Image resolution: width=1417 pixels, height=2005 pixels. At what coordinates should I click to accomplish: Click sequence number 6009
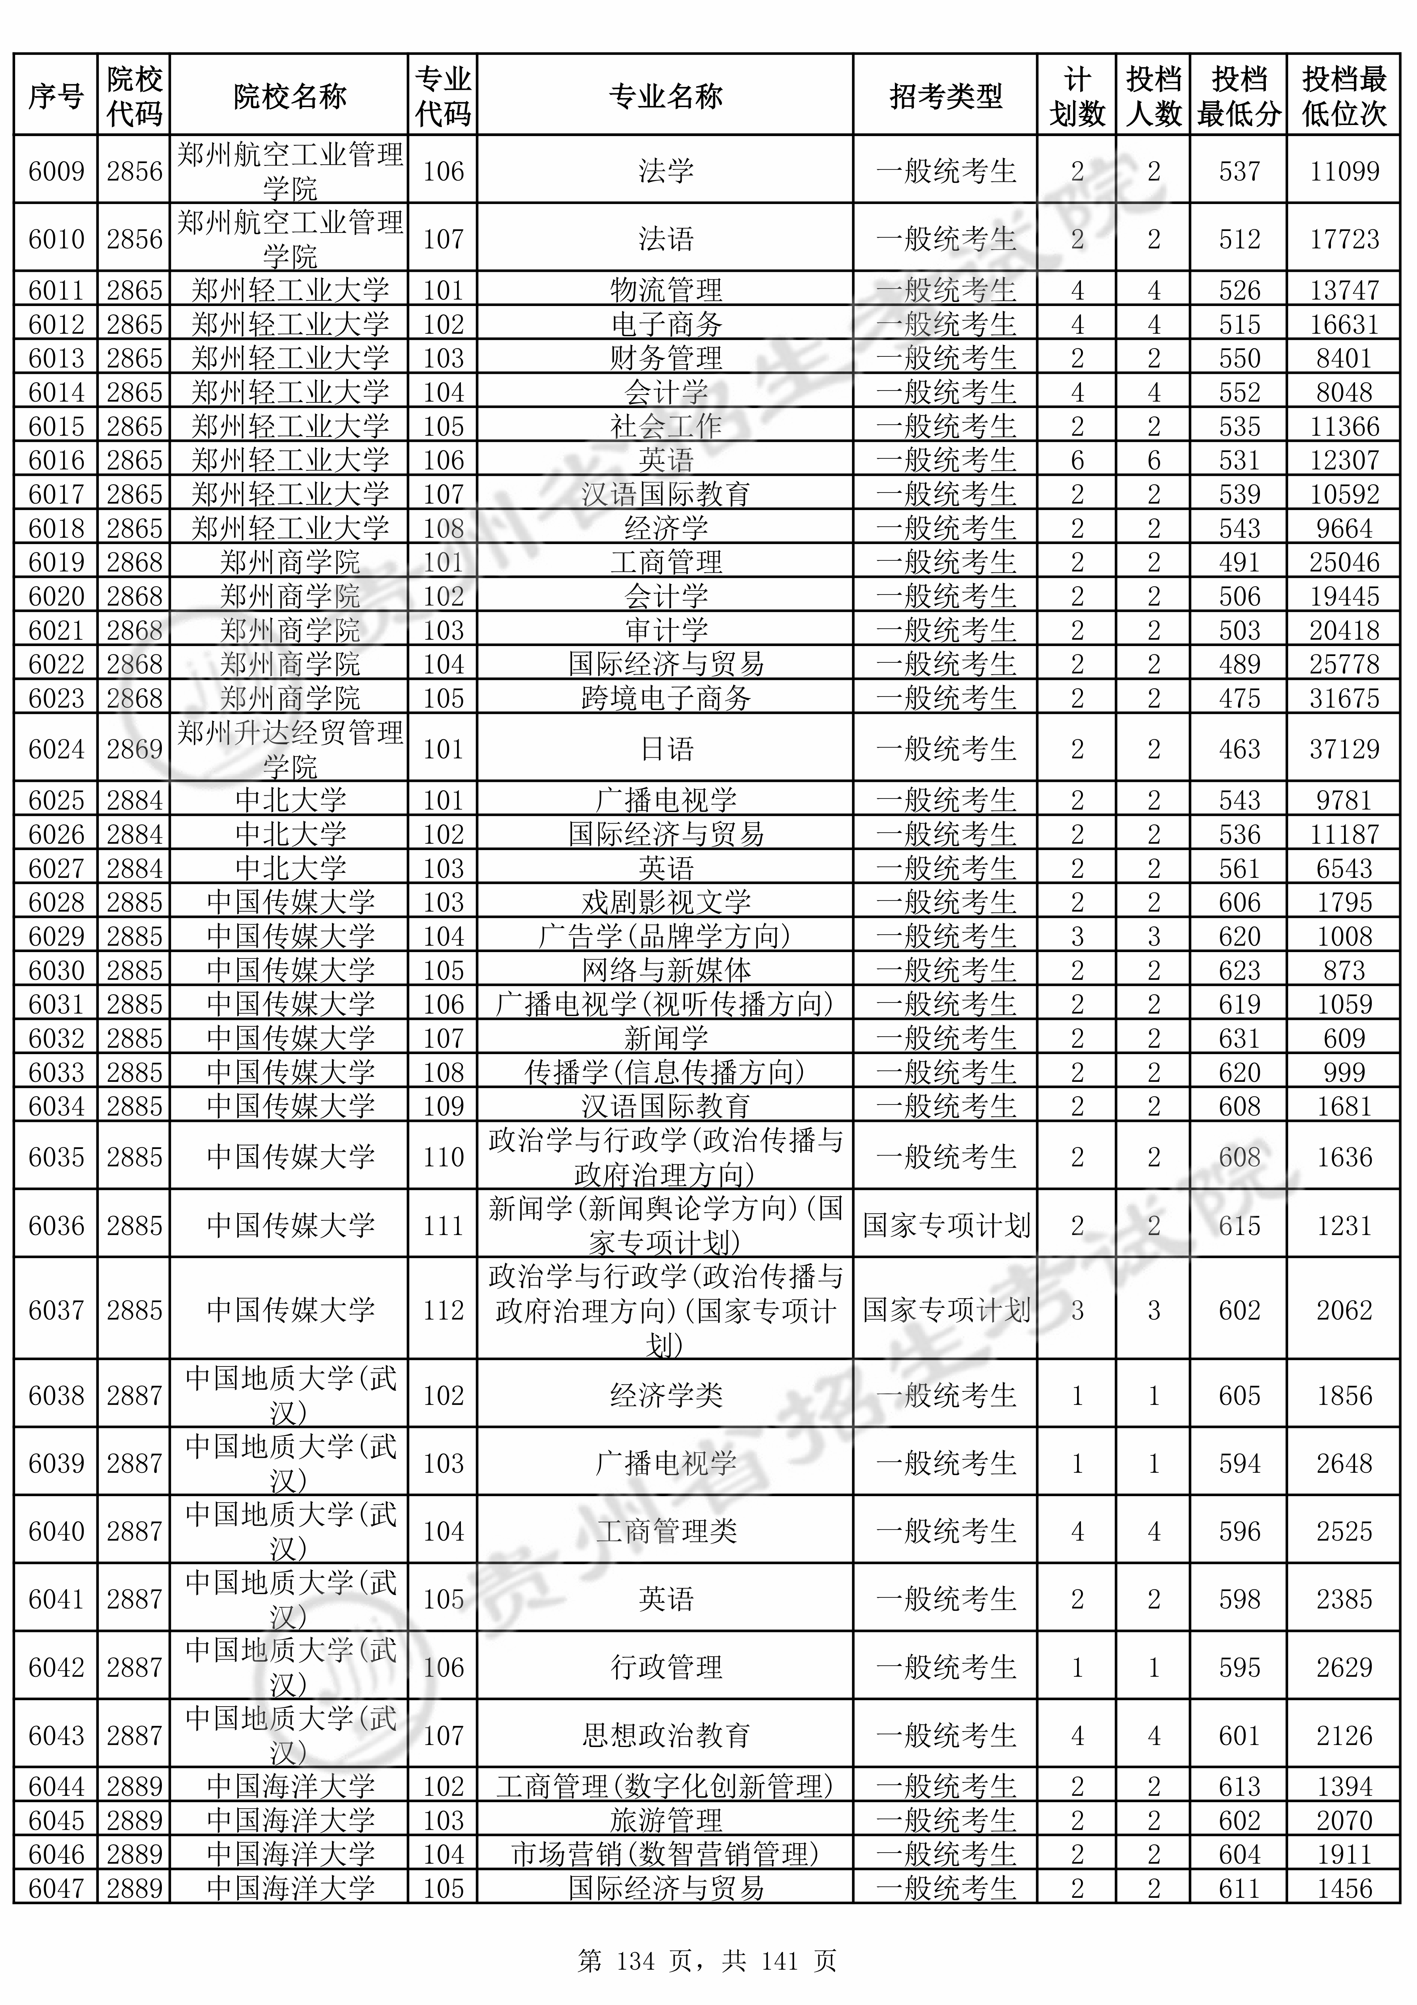[56, 171]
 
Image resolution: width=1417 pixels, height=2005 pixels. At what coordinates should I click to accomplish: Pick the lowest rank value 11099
[1344, 171]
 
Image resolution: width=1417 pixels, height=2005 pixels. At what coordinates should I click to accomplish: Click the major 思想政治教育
[665, 1735]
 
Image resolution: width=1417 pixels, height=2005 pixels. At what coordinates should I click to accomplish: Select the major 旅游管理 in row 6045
[665, 1821]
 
